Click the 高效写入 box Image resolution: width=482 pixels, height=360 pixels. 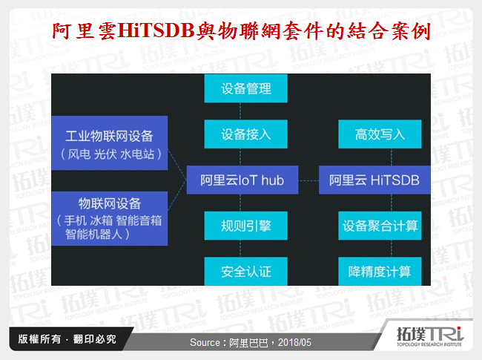380,134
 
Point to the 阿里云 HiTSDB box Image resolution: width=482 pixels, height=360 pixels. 374,179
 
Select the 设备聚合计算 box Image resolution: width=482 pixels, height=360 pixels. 380,224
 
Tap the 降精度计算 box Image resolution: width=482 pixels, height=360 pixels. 380,269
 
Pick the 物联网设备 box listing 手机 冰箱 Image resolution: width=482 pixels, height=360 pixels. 109,217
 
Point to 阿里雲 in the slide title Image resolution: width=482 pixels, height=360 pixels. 84,30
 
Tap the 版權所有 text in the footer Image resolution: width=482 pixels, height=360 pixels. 38,339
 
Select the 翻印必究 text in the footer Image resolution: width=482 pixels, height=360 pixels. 94,339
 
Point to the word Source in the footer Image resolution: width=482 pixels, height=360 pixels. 205,343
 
